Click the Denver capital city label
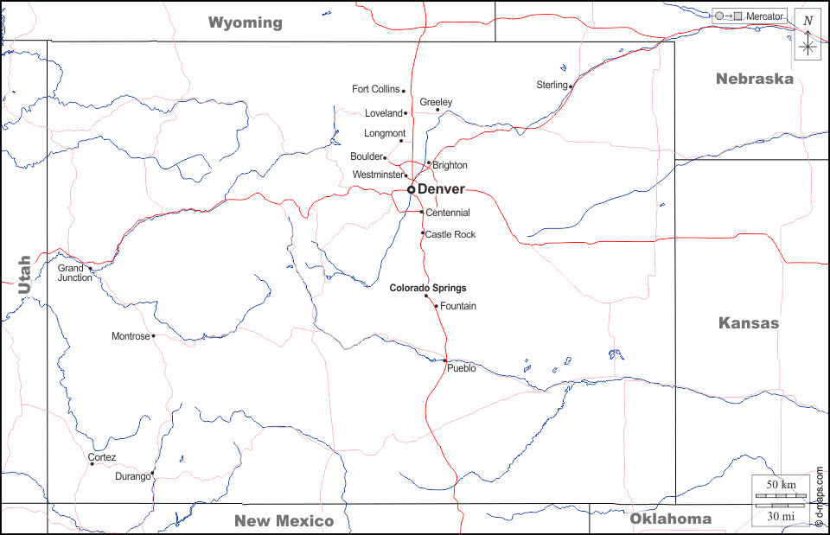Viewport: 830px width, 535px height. pyautogui.click(x=441, y=189)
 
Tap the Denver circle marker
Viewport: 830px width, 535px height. pyautogui.click(x=412, y=189)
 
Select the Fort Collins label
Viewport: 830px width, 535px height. pyautogui.click(x=376, y=89)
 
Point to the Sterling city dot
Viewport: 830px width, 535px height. pyautogui.click(x=571, y=86)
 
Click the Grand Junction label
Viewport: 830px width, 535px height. pyautogui.click(x=75, y=273)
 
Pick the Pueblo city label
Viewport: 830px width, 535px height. pyautogui.click(x=462, y=368)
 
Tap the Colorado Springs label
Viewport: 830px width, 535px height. pyautogui.click(x=427, y=288)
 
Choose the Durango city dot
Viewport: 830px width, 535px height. pyautogui.click(x=152, y=473)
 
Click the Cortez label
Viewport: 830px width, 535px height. pyautogui.click(x=102, y=457)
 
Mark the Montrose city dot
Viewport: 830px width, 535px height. pyautogui.click(x=153, y=336)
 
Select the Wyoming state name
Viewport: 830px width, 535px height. pyautogui.click(x=246, y=22)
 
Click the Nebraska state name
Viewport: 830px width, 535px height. pyautogui.click(x=754, y=79)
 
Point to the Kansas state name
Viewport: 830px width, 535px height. pyautogui.click(x=749, y=323)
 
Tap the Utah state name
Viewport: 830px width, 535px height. pyautogui.click(x=24, y=275)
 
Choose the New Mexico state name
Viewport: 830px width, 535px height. pyautogui.click(x=284, y=520)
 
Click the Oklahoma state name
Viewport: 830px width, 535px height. pyautogui.click(x=670, y=519)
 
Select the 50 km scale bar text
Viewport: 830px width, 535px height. pyautogui.click(x=781, y=485)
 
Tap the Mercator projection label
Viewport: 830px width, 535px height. pyautogui.click(x=765, y=16)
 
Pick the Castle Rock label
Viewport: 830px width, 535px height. pyautogui.click(x=450, y=234)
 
